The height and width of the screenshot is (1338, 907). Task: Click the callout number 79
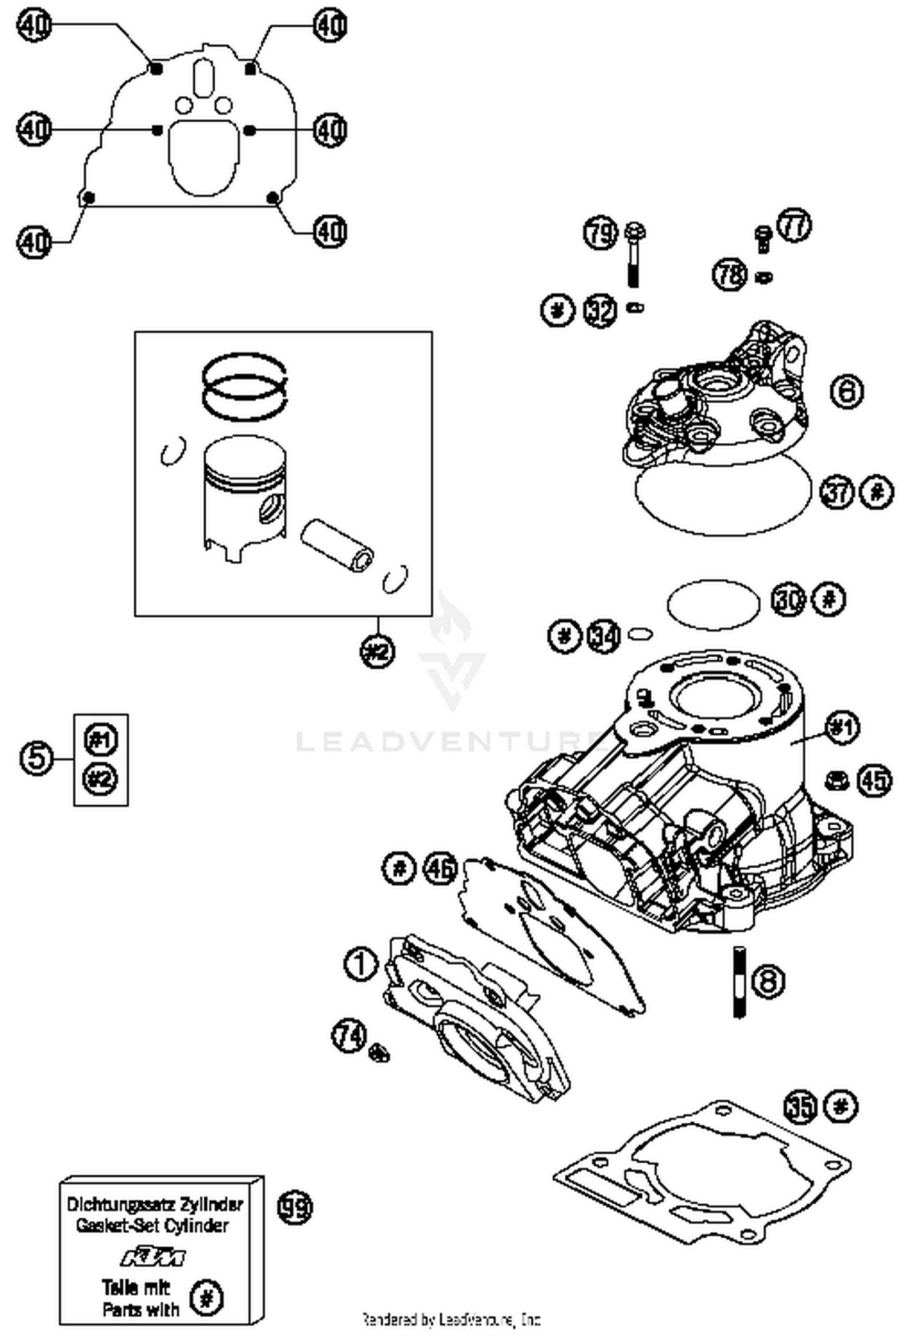[x=600, y=233]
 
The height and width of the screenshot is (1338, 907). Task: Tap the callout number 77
[x=793, y=226]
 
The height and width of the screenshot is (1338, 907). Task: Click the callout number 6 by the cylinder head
[x=847, y=391]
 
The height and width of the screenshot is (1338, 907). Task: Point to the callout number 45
[x=874, y=781]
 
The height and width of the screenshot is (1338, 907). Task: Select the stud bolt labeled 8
[x=739, y=982]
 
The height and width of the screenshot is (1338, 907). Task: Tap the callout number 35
[x=801, y=1107]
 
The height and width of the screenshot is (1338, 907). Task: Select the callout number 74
[x=349, y=1035]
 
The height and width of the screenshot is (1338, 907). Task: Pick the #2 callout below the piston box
[x=377, y=651]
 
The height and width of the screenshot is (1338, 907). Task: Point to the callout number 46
[x=440, y=869]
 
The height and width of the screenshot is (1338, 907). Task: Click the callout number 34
[x=604, y=635]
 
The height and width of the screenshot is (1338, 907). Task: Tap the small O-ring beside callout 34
[x=640, y=633]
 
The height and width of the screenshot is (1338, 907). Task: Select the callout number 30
[x=788, y=600]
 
